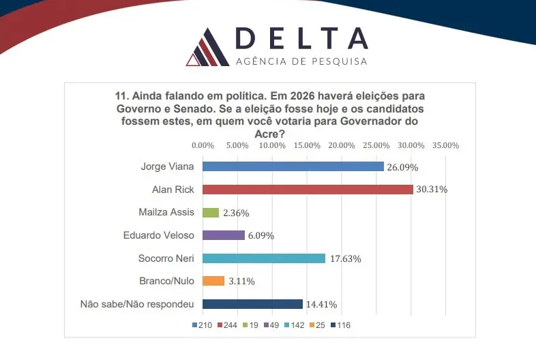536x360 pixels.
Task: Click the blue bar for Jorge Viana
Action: [293, 166]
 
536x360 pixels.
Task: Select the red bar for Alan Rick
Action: [308, 190]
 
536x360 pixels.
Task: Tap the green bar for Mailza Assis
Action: [211, 212]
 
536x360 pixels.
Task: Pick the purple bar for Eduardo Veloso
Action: [224, 235]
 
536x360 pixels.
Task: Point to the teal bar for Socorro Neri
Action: [264, 258]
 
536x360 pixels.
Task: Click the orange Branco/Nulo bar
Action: [213, 281]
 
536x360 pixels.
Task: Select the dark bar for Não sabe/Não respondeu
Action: [252, 304]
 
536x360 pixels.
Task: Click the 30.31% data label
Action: [432, 190]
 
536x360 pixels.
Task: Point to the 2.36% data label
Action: [236, 213]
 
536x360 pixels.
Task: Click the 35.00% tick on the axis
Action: [446, 145]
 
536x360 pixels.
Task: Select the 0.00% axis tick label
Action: [203, 145]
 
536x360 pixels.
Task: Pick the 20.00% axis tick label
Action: [342, 145]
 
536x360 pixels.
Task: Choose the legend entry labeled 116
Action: [343, 325]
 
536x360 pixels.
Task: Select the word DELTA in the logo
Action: [301, 40]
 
